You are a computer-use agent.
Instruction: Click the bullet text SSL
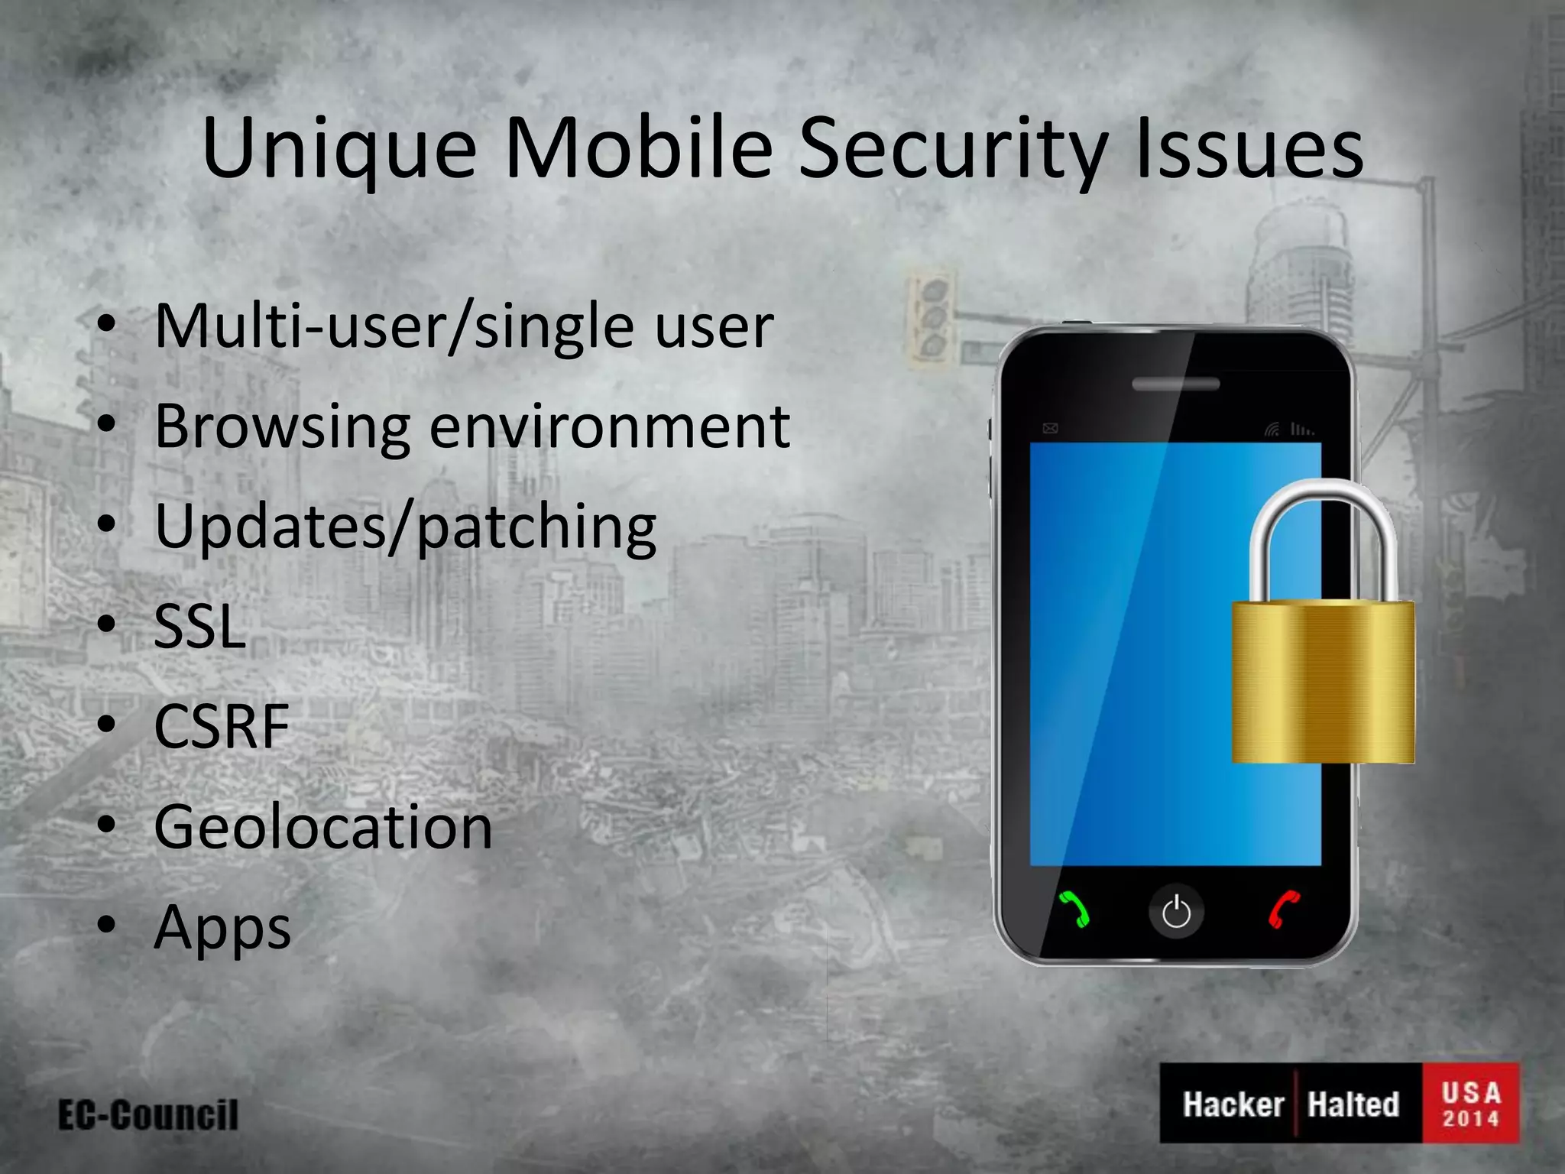(200, 627)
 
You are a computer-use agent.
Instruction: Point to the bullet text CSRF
(222, 726)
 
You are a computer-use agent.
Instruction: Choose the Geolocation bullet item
(323, 827)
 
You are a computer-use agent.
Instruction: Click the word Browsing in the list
(282, 426)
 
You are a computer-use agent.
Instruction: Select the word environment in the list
(609, 426)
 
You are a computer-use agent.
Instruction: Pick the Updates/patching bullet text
(405, 527)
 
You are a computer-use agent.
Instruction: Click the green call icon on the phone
(1074, 910)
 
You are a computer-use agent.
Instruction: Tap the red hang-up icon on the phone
(1284, 910)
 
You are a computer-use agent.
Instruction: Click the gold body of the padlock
(1323, 682)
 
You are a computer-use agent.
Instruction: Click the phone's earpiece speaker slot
(1175, 384)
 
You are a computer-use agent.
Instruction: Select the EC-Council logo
(148, 1115)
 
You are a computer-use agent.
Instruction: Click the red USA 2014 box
(1470, 1103)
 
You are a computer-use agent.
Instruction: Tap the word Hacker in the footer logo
(1233, 1104)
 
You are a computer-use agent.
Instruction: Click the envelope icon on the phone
(1051, 428)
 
